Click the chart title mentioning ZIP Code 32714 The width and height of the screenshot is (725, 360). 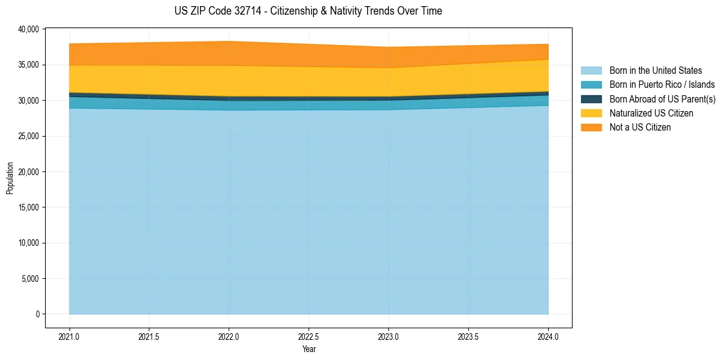click(x=308, y=11)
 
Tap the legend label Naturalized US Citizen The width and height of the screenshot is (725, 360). click(x=651, y=113)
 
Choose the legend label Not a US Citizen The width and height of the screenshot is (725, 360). click(x=640, y=128)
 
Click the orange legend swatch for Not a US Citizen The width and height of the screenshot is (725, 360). click(x=591, y=128)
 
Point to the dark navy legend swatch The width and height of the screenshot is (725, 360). click(x=591, y=99)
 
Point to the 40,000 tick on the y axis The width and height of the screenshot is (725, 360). click(x=29, y=29)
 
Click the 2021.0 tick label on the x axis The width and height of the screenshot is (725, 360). click(x=70, y=336)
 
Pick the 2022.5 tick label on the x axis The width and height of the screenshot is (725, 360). click(x=309, y=336)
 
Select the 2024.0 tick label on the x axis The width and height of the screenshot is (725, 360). click(x=548, y=336)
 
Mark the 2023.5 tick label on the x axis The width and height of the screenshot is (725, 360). click(x=468, y=336)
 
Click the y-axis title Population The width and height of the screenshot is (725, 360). click(x=10, y=178)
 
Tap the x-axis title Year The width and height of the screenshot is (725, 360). click(x=309, y=349)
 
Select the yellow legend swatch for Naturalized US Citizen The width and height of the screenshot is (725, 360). click(x=591, y=113)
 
